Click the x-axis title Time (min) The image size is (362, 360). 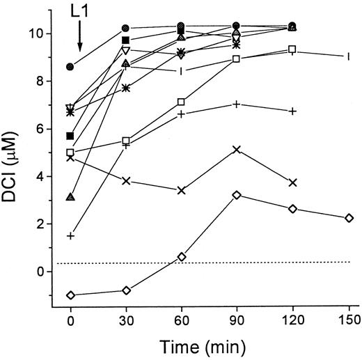pos(208,346)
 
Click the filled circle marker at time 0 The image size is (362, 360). pos(70,67)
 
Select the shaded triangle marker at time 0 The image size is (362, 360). pos(70,197)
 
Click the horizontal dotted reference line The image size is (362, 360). pos(209,263)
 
